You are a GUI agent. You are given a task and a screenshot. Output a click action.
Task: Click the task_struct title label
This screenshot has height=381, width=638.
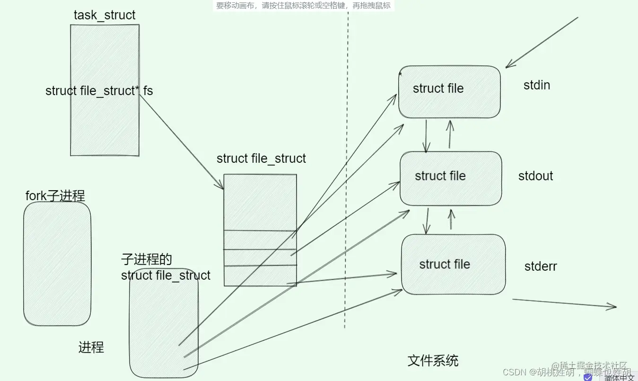pos(105,15)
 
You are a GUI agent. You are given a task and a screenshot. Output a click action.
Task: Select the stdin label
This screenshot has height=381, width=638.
pos(537,86)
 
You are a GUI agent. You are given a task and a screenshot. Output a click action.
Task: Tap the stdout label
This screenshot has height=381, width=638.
pos(535,176)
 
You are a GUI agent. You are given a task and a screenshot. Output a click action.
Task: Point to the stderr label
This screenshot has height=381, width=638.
pos(541,266)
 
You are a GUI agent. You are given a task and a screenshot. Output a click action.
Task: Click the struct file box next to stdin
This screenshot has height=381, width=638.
pos(449,92)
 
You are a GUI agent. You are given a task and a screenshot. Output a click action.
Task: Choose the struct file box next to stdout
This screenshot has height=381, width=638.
pos(450,178)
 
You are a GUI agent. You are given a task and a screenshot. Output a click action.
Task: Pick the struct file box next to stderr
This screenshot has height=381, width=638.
pos(453,264)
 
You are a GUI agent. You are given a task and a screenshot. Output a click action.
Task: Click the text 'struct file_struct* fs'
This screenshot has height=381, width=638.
pos(99,91)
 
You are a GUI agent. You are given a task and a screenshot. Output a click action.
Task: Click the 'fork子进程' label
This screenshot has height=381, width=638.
pos(55,196)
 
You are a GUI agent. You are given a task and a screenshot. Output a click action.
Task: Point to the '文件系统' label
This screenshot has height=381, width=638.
pos(433,361)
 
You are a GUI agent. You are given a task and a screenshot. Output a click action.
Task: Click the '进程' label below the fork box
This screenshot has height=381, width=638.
pos(91,347)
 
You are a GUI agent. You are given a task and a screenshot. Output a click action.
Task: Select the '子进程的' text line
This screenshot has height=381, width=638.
pos(146,259)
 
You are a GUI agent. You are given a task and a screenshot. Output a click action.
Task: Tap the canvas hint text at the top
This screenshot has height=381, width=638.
pos(303,6)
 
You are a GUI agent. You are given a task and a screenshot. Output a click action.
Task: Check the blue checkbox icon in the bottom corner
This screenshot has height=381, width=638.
pos(588,377)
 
